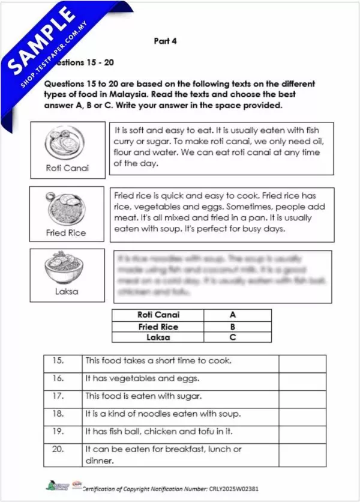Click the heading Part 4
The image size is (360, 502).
(165, 41)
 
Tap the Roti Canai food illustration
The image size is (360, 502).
(66, 142)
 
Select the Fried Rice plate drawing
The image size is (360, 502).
(66, 208)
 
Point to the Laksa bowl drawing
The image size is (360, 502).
(66, 270)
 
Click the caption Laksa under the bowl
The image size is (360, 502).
(66, 292)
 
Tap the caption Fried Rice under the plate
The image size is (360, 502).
(66, 232)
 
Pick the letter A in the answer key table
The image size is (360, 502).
(232, 315)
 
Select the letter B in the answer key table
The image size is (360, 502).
(232, 327)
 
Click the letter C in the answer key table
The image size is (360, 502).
(232, 337)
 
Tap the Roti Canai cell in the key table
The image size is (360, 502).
(158, 315)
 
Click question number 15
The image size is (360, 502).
(58, 361)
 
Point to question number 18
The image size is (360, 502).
(58, 414)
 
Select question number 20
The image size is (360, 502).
(58, 449)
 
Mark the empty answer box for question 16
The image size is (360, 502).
(302, 379)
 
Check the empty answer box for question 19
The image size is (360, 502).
(302, 431)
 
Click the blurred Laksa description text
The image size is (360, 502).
(222, 276)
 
